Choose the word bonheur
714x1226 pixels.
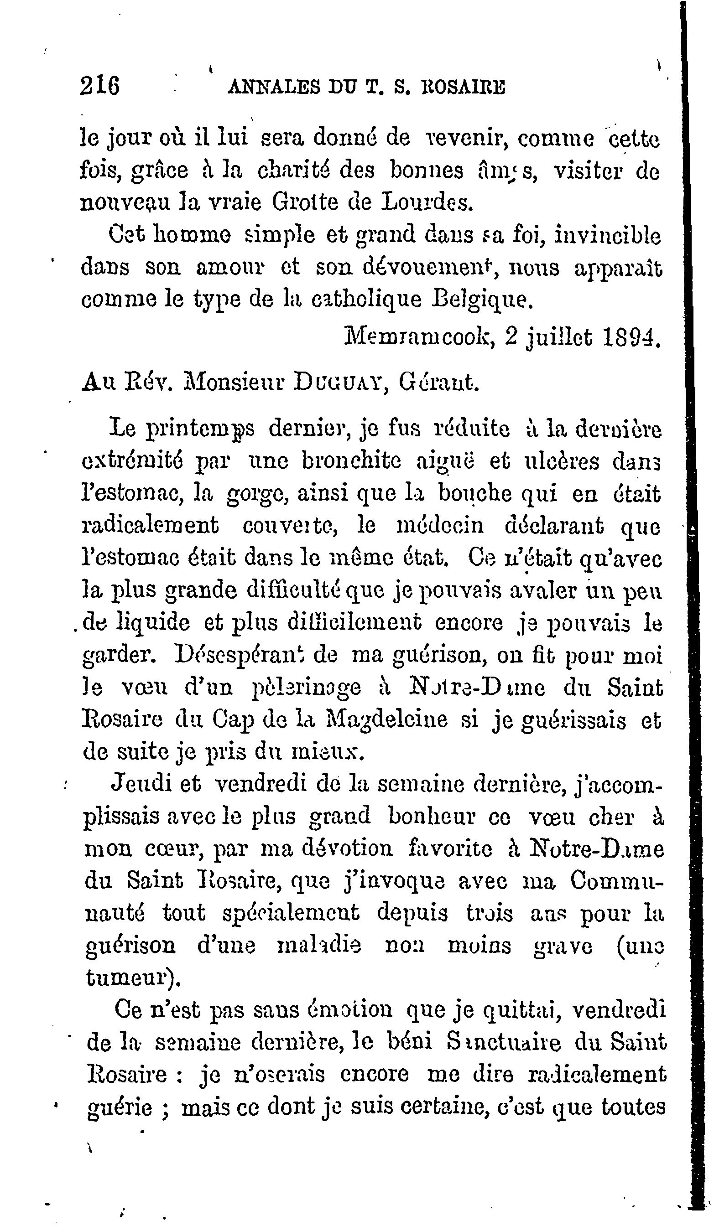coord(432,817)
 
